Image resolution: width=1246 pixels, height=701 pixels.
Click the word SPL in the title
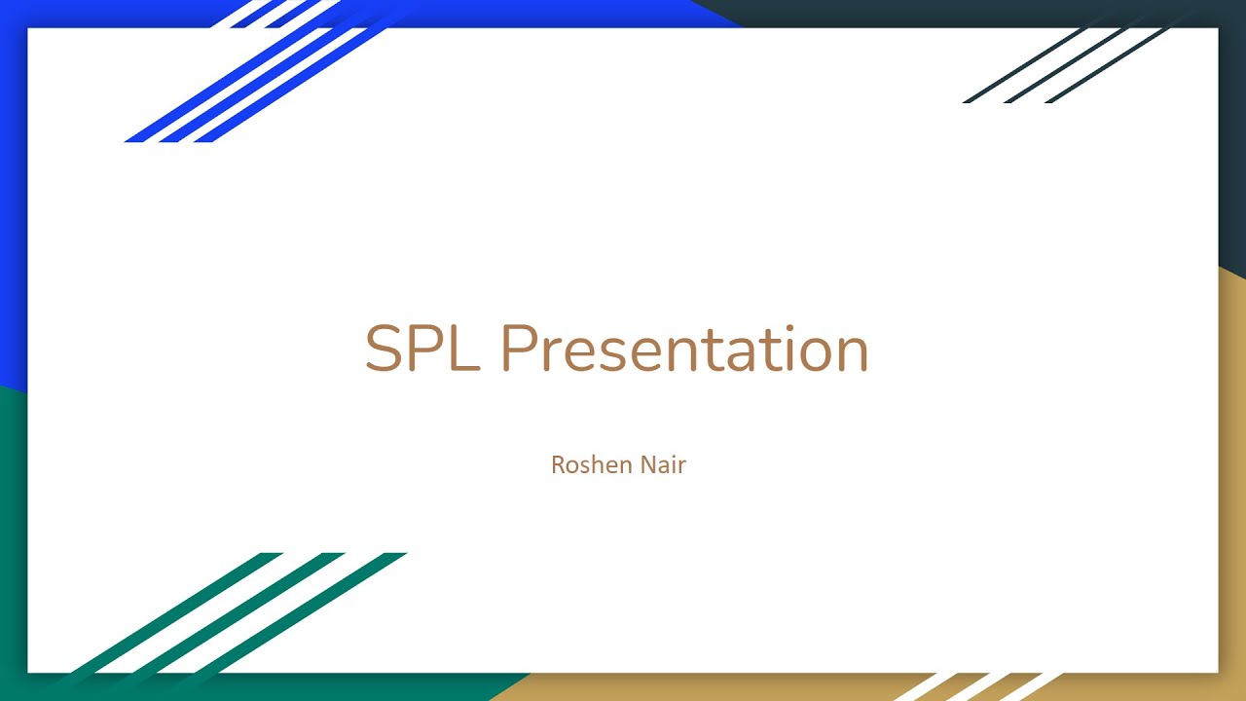(421, 349)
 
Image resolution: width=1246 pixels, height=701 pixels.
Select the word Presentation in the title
(683, 349)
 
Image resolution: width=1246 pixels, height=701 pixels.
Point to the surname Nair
(663, 464)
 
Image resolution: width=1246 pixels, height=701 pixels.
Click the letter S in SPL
(384, 349)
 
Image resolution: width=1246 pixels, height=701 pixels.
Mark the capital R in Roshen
(558, 464)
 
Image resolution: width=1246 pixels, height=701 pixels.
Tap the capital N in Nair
(647, 464)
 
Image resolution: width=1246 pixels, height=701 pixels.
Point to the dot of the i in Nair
(674, 455)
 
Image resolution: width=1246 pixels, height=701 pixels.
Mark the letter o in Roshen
(572, 466)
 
